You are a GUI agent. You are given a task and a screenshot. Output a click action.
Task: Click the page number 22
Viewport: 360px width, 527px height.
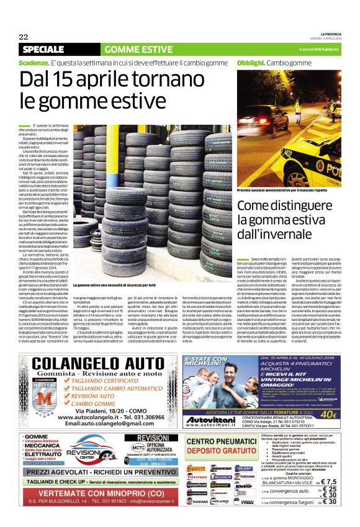(x=24, y=37)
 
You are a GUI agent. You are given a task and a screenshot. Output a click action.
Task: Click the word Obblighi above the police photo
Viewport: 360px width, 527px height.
(x=251, y=63)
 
